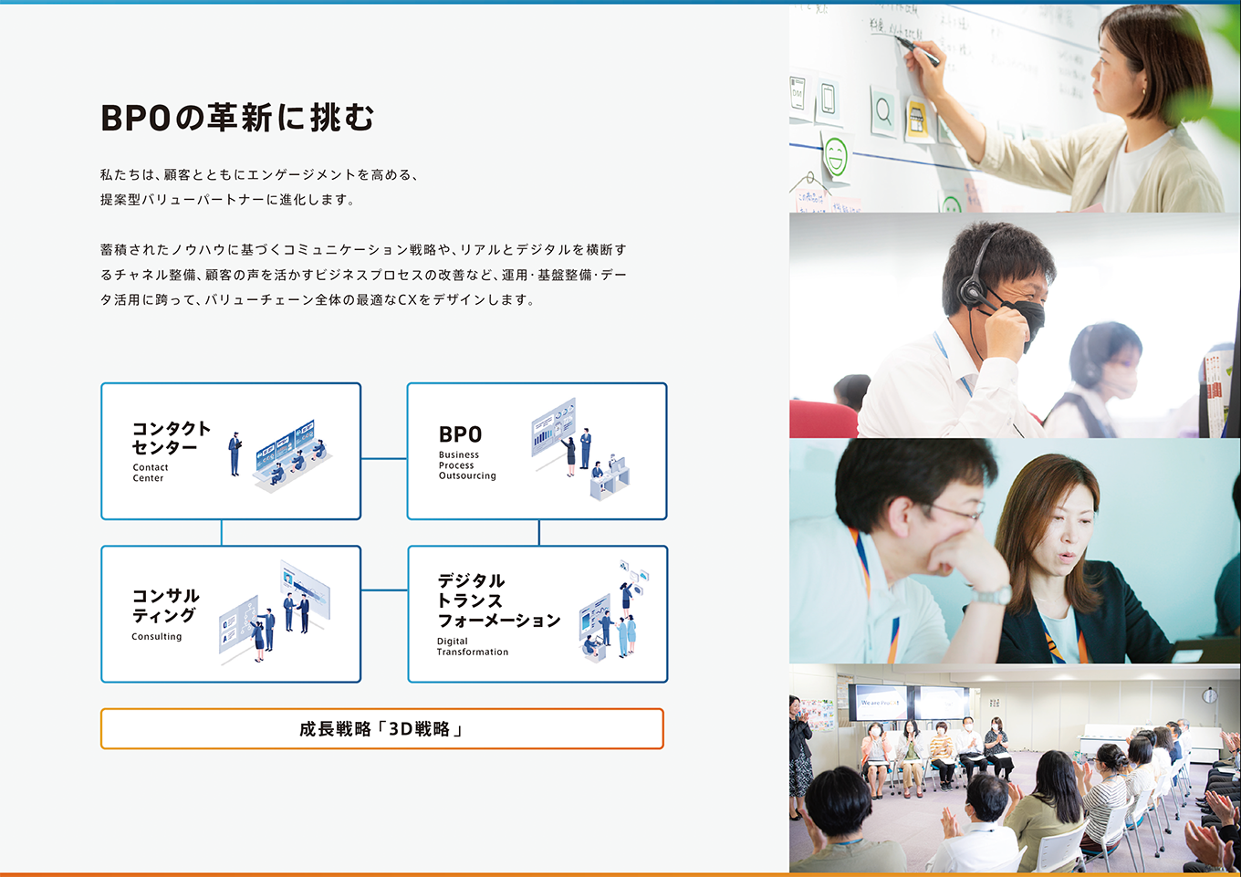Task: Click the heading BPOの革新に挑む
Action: [x=237, y=118]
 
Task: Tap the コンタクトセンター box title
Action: [x=172, y=437]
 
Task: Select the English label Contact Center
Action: [x=151, y=473]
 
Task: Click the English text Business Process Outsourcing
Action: [x=467, y=465]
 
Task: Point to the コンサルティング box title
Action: [x=166, y=605]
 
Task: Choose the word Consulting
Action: [x=156, y=637]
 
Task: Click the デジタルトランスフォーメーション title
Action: [x=498, y=600]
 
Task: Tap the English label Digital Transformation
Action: [x=472, y=646]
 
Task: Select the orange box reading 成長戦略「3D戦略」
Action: [x=381, y=728]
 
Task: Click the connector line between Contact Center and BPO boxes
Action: [x=384, y=459]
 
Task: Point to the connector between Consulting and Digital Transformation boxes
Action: [x=384, y=590]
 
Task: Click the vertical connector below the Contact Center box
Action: [x=222, y=532]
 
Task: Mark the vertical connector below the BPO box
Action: [x=538, y=532]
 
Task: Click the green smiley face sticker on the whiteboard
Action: [x=835, y=156]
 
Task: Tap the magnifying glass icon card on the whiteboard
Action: [x=883, y=112]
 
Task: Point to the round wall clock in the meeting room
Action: [x=1209, y=695]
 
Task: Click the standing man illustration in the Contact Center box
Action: [x=235, y=454]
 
